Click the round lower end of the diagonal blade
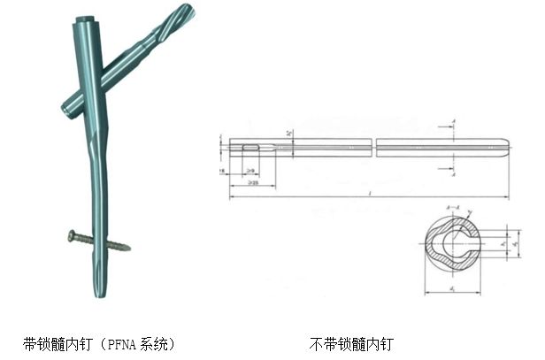[66, 111]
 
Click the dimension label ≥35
[253, 183]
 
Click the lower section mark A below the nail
[454, 174]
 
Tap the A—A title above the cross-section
[454, 209]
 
